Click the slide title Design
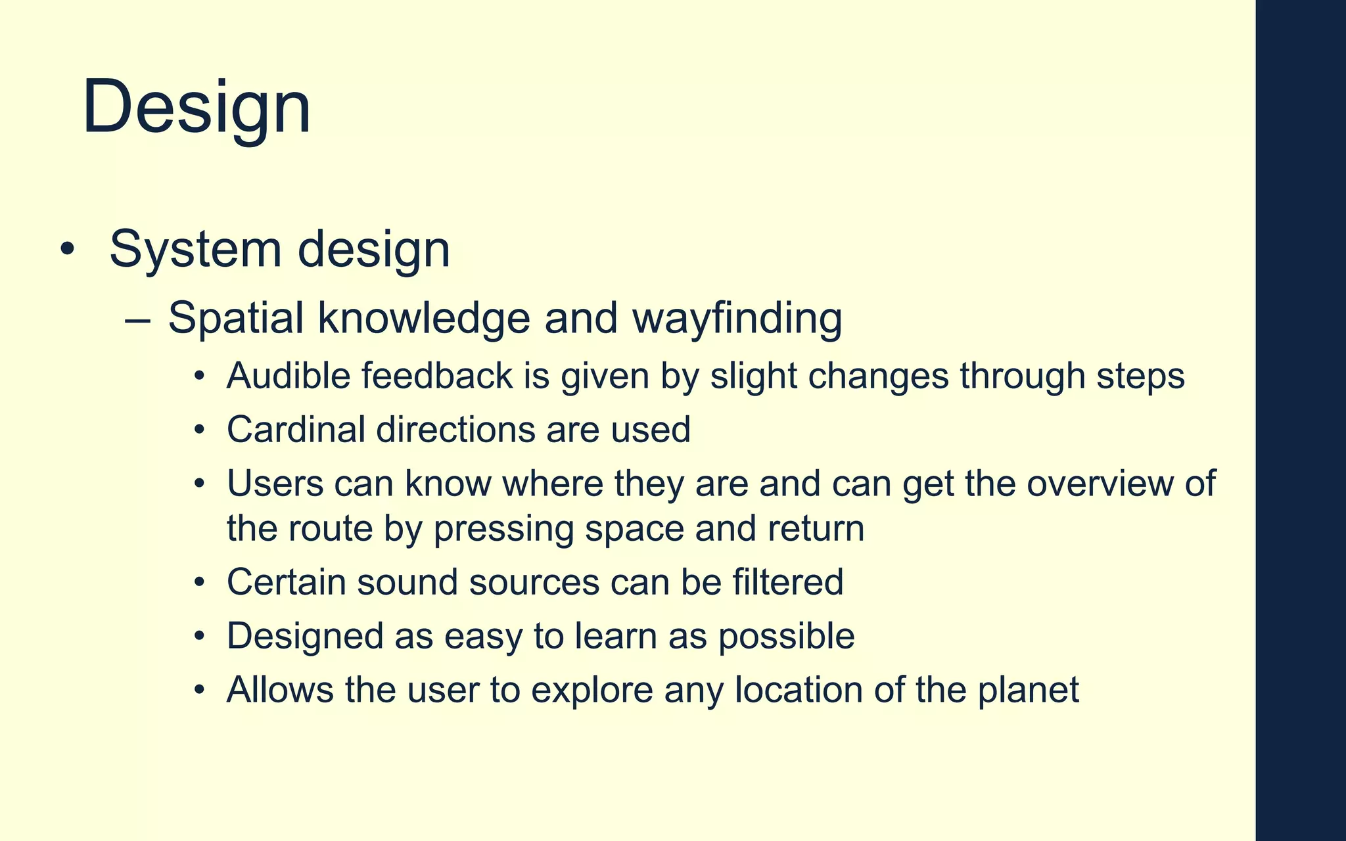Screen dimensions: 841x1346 [x=196, y=107]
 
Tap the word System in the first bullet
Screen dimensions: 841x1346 [x=195, y=250]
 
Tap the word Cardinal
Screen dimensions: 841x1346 [x=296, y=430]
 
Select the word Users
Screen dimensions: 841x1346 [x=275, y=484]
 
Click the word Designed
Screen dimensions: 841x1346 [x=305, y=636]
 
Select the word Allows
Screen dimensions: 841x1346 [x=280, y=690]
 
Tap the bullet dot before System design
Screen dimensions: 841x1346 [x=67, y=250]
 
